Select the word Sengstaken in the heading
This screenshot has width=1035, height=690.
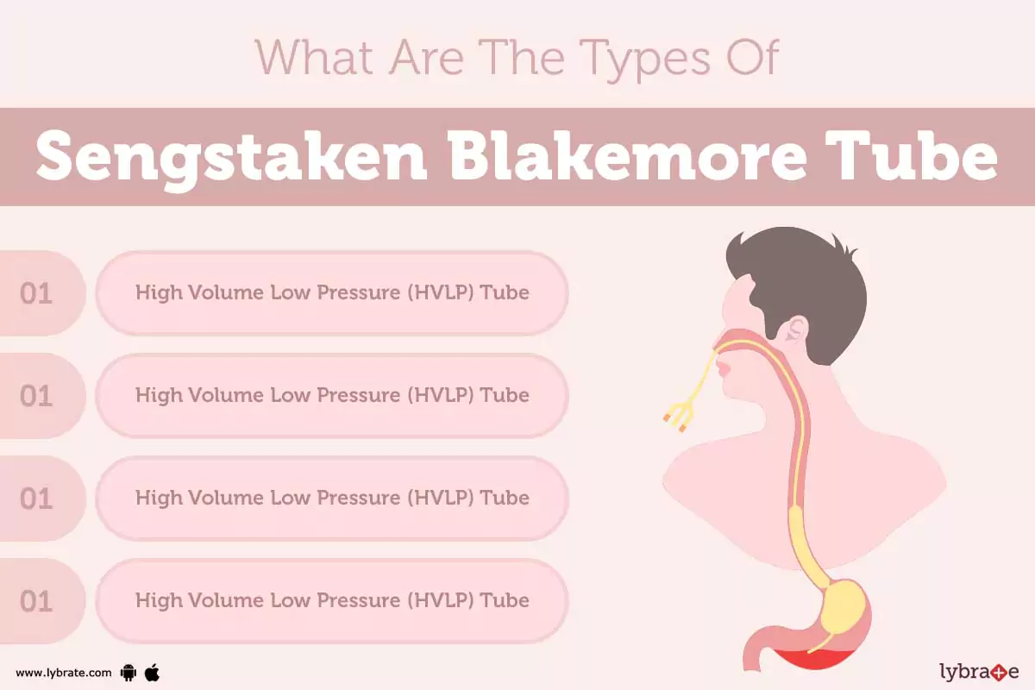click(x=232, y=157)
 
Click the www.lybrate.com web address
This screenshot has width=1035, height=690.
click(x=63, y=673)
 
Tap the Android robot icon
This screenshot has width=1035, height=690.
click(x=129, y=673)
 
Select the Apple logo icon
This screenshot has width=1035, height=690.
click(x=152, y=672)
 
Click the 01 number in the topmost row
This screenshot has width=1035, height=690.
click(x=36, y=293)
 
